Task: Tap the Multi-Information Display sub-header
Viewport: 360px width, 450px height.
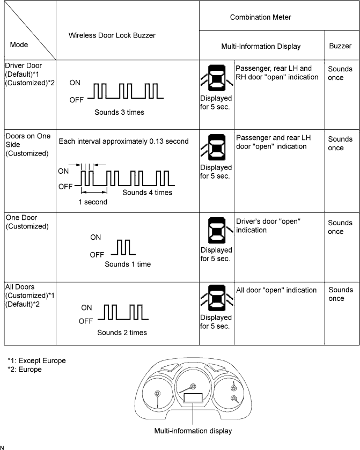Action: tap(261, 47)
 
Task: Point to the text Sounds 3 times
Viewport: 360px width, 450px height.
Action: tap(119, 113)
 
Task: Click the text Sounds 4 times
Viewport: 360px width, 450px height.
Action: tap(147, 193)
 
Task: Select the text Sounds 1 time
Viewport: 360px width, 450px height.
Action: tap(128, 264)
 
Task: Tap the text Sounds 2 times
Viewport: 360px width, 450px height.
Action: tap(122, 333)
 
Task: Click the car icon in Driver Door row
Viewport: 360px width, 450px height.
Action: tap(216, 79)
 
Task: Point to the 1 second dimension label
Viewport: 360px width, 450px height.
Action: tap(93, 202)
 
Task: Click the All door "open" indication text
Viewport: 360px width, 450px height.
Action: tap(276, 290)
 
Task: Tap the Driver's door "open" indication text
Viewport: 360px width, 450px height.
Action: tap(268, 226)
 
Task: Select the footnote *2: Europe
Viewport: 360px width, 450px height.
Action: tap(25, 370)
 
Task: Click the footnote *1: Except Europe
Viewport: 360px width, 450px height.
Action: tap(36, 360)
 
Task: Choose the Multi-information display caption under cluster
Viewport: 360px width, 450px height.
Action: tap(193, 430)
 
